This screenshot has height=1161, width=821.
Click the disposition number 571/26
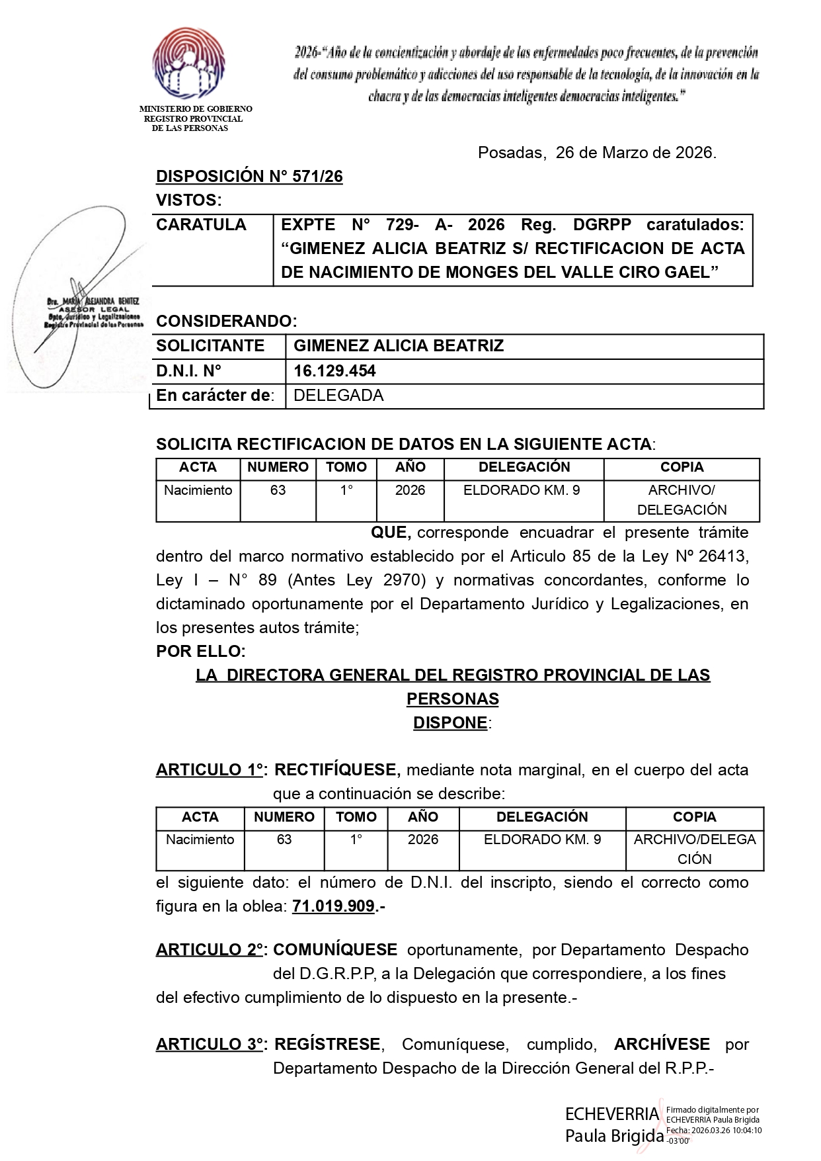click(250, 177)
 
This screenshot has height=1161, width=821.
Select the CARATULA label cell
click(201, 225)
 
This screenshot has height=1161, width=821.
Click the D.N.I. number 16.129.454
click(334, 371)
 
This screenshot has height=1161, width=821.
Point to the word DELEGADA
click(338, 396)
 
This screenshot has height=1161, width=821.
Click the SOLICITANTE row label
click(210, 346)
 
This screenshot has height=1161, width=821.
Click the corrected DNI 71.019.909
click(334, 906)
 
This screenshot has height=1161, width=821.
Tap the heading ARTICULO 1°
click(210, 770)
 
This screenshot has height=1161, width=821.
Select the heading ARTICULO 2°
click(210, 950)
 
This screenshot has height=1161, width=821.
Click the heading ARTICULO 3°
click(210, 1045)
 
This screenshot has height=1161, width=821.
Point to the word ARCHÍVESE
click(662, 1045)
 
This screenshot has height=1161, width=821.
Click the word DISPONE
click(451, 723)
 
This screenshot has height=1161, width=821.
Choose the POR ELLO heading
click(200, 652)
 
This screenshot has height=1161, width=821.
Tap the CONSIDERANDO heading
click(226, 322)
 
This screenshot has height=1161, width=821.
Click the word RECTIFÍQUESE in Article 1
click(336, 770)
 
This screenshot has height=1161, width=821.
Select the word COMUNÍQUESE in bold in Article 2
click(335, 950)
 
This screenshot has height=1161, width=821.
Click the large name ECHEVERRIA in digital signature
click(612, 1114)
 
